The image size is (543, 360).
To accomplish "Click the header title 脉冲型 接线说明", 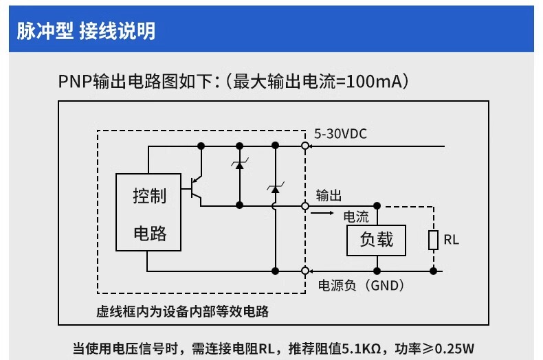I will coord(86,31).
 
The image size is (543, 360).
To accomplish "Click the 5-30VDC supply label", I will coord(340,134).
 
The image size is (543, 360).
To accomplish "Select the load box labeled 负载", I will coord(377,239).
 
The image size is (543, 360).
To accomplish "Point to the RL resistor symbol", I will coord(434,240).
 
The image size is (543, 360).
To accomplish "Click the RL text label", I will coord(451,240).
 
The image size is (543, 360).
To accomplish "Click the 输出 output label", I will coord(329,195).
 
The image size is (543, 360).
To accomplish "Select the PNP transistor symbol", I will coord(197,186).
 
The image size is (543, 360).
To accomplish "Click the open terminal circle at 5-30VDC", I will coord(304,146).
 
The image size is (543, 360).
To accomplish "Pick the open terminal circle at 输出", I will coord(304,205).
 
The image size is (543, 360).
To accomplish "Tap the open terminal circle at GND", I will coord(304,271).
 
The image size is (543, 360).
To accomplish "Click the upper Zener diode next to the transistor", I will coord(240,165).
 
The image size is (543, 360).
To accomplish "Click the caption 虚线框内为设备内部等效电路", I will coord(182,311).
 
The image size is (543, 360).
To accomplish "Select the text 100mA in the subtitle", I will coord(375,82).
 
